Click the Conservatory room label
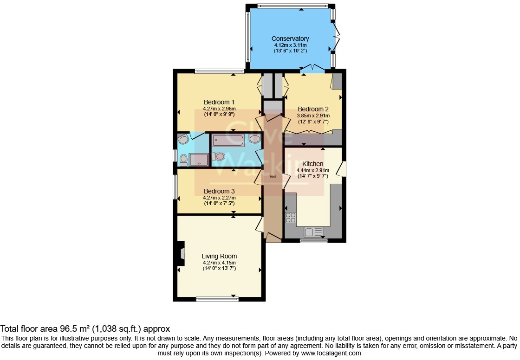(290, 39)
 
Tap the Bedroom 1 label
(219, 102)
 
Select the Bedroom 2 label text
(313, 109)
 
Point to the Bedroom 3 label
(219, 191)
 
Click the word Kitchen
(312, 164)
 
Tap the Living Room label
(219, 256)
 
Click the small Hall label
(273, 177)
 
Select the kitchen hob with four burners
(291, 217)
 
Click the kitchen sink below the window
(313, 231)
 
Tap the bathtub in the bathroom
(228, 140)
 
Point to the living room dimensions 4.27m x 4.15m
(219, 263)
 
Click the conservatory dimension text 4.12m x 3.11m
(290, 45)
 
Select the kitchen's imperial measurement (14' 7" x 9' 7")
(312, 176)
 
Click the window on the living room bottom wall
(217, 299)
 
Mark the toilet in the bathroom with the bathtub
(219, 156)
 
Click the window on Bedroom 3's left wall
(175, 186)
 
